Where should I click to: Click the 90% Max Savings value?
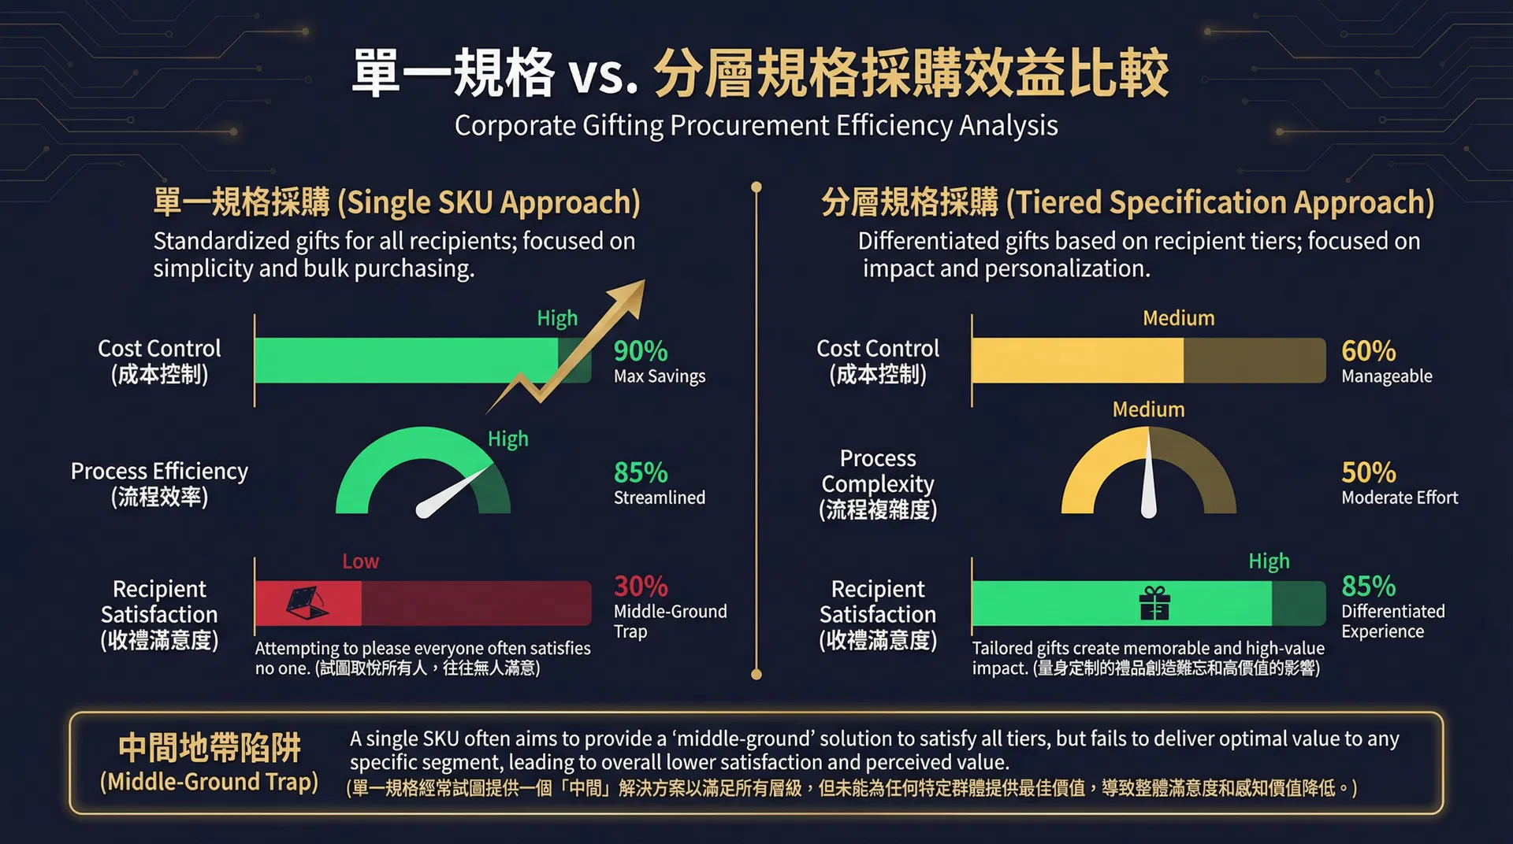641,351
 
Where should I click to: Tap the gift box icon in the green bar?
1154,604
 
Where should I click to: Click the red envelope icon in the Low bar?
307,604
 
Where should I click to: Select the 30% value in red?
641,587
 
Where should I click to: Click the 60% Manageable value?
1368,351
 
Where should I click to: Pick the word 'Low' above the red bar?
360,561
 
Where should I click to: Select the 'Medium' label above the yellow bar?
1178,318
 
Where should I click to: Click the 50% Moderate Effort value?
1368,472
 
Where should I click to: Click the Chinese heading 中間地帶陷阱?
209,748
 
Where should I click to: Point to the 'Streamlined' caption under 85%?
659,498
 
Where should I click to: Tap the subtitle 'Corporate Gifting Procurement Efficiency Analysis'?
756,126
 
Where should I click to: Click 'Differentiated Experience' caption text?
1392,621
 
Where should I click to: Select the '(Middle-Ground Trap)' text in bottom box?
209,782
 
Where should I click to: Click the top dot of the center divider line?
756,187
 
